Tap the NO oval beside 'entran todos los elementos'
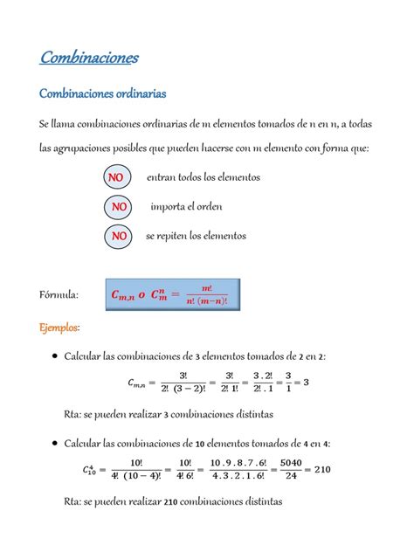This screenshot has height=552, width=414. [x=114, y=177]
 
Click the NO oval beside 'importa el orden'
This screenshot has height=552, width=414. [x=119, y=207]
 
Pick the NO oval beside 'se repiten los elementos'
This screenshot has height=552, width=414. [x=119, y=236]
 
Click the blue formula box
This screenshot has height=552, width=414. [x=171, y=294]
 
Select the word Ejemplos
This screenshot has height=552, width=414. [x=59, y=328]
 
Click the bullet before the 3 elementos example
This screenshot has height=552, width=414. [x=55, y=356]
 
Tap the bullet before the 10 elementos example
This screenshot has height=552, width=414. [x=55, y=444]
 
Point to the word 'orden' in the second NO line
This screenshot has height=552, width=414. [x=206, y=207]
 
